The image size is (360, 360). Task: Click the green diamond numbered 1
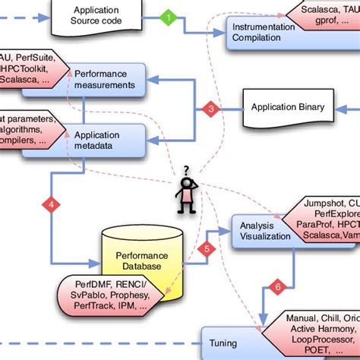coord(168,17)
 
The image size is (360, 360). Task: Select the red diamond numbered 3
coord(211,109)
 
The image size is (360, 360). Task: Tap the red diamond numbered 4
coord(51,204)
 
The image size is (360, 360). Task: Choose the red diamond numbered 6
coord(277,286)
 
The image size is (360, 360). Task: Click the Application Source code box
coord(96,16)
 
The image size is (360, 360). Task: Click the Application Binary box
coord(284,107)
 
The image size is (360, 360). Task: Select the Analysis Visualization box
coord(261,230)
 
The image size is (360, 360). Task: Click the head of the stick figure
coord(185,183)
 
